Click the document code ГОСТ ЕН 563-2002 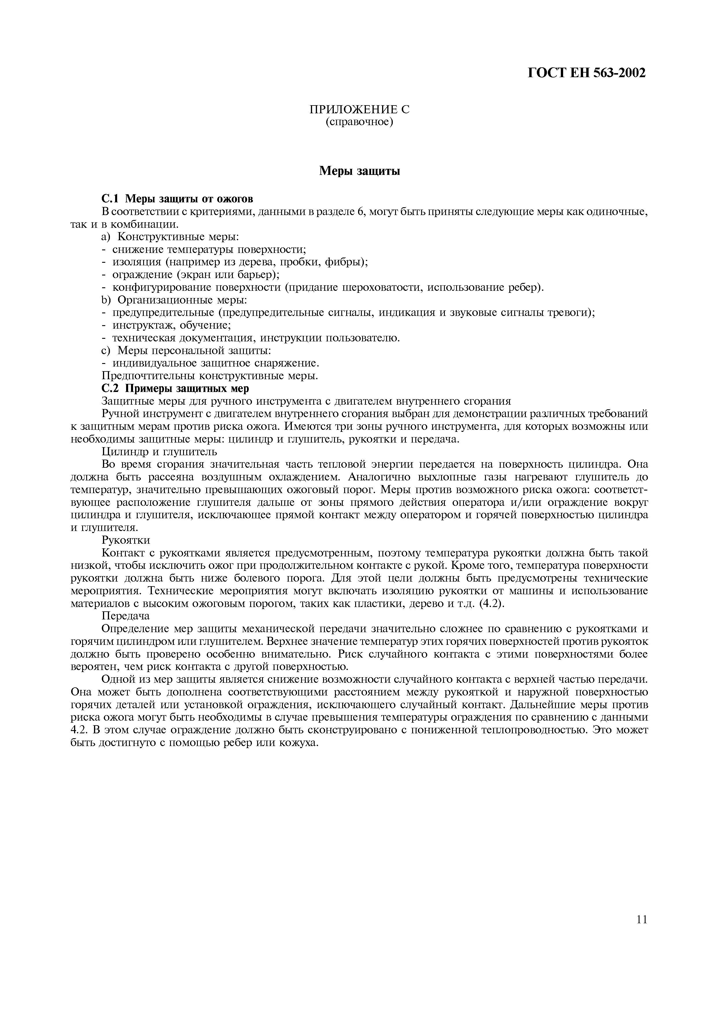pyautogui.click(x=587, y=73)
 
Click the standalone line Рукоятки pyautogui.click(x=126, y=540)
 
